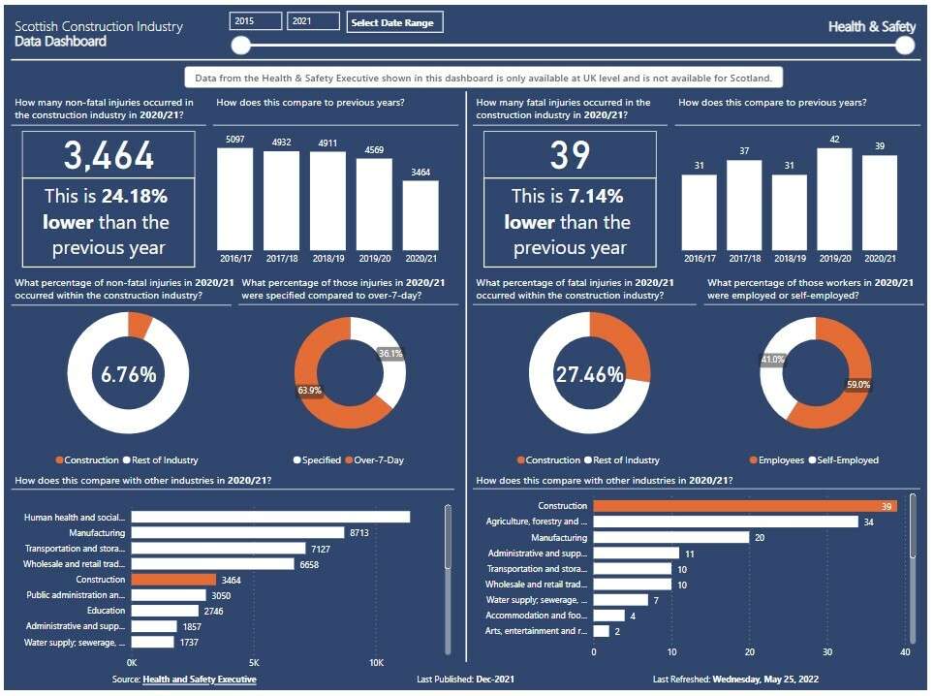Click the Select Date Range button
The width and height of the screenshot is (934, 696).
(x=394, y=22)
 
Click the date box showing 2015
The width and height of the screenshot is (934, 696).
(x=255, y=21)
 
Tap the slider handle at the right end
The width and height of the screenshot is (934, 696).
(x=904, y=46)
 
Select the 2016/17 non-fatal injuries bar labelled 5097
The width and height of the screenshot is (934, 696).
(x=234, y=199)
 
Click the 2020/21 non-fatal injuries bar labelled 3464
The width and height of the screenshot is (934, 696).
(x=420, y=215)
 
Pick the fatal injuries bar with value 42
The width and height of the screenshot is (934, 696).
(x=834, y=199)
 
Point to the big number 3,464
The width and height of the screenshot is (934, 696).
(x=109, y=155)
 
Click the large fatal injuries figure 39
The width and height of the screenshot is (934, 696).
(x=570, y=155)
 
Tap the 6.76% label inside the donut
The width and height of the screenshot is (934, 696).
(x=129, y=374)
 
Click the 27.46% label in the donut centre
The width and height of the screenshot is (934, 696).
(x=590, y=374)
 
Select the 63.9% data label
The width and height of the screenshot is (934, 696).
(x=310, y=391)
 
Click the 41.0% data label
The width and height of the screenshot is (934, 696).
(x=772, y=360)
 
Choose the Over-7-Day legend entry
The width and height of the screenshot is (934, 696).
(x=375, y=460)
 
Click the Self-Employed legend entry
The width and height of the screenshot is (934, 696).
(x=844, y=460)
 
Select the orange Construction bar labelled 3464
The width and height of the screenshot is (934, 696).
(x=173, y=580)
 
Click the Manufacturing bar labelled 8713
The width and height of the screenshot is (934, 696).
(x=237, y=533)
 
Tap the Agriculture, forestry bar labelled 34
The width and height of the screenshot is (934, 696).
(x=726, y=522)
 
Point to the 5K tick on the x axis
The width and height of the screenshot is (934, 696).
(x=254, y=663)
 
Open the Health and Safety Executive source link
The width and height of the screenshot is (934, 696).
(x=200, y=680)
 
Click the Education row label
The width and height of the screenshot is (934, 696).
(x=106, y=611)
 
